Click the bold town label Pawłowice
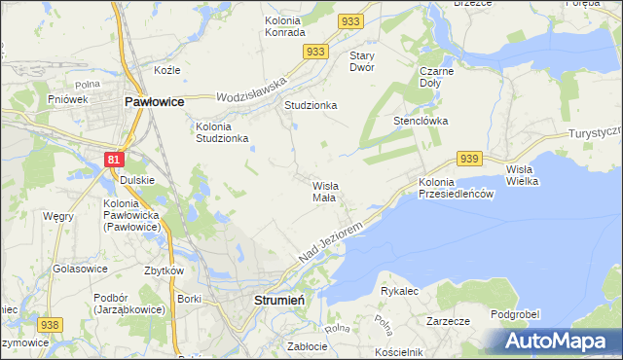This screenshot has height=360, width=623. [154, 100]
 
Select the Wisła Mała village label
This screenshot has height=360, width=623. [324, 191]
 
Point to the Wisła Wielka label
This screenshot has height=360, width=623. [527, 175]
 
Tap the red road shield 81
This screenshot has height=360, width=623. [115, 158]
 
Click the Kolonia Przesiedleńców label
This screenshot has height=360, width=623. [458, 188]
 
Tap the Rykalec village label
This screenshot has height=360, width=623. [399, 291]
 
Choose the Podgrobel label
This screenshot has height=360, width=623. [516, 313]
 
